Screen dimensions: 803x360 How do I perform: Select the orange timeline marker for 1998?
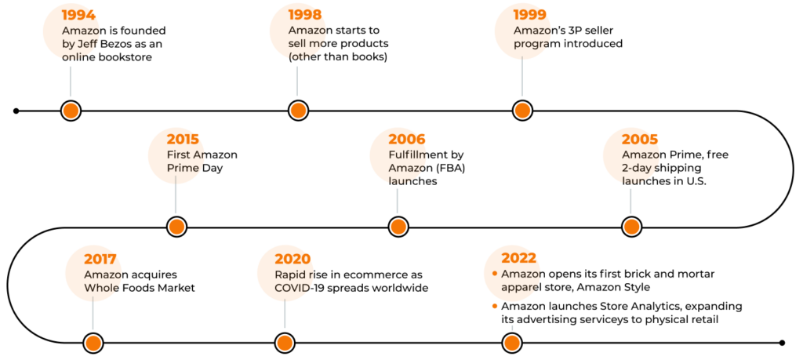click(297, 111)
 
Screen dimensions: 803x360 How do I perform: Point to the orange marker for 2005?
click(631, 227)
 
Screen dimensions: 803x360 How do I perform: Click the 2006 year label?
click(407, 140)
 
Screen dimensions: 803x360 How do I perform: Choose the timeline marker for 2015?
click(176, 227)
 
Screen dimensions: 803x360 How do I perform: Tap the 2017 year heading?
click(100, 259)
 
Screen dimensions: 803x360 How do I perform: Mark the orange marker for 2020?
click(285, 343)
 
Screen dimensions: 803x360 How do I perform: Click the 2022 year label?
click(519, 259)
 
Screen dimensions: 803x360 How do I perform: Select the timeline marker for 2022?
click(511, 343)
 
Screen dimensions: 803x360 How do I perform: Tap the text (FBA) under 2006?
click(446, 168)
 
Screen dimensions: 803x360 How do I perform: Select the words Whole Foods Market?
click(140, 288)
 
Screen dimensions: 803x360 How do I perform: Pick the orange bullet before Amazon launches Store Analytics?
click(495, 307)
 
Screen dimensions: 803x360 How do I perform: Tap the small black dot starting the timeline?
click(16, 111)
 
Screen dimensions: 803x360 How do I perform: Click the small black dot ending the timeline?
click(782, 343)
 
